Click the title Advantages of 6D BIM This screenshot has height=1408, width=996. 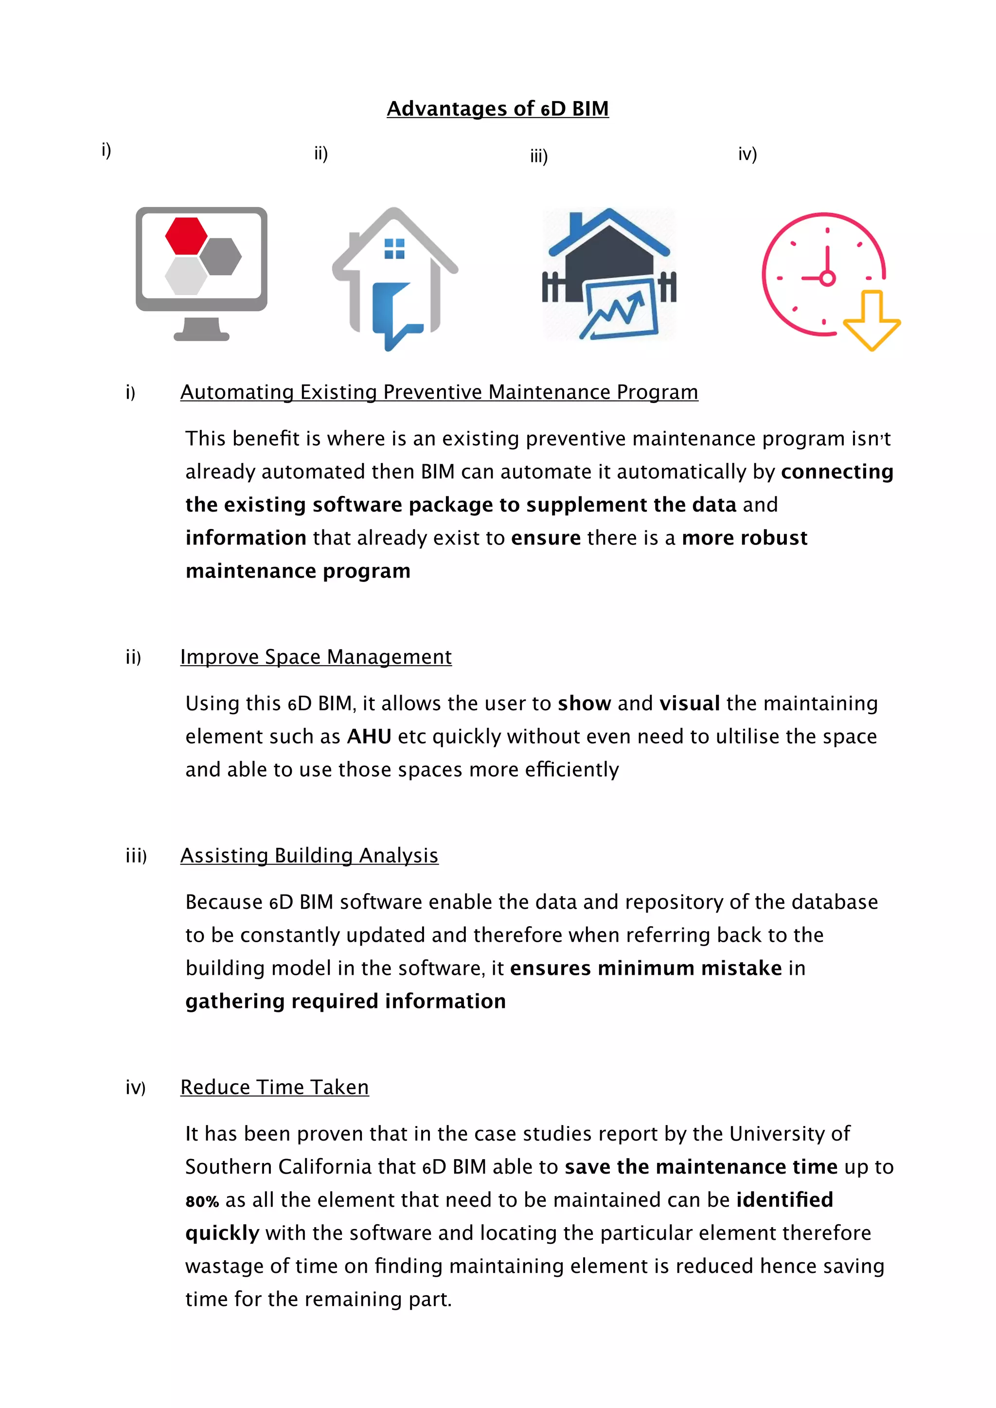[x=498, y=108]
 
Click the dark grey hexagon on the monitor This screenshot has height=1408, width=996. [x=221, y=256]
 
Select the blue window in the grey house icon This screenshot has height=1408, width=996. [x=394, y=248]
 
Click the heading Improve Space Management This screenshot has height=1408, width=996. [x=316, y=657]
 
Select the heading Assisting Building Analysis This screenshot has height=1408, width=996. [x=309, y=856]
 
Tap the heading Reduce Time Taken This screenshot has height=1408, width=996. [x=274, y=1087]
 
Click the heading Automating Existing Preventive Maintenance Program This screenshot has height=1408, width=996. [x=439, y=392]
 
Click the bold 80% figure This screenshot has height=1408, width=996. [x=202, y=1201]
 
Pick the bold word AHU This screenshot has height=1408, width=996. [x=369, y=737]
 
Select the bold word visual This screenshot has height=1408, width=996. [x=689, y=704]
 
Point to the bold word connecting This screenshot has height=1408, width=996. [x=836, y=472]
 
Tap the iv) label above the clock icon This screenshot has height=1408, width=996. [x=747, y=154]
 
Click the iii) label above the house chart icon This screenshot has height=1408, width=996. [x=538, y=157]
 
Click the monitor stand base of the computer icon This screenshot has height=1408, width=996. [x=201, y=335]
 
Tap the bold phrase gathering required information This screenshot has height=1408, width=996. [x=345, y=1002]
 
